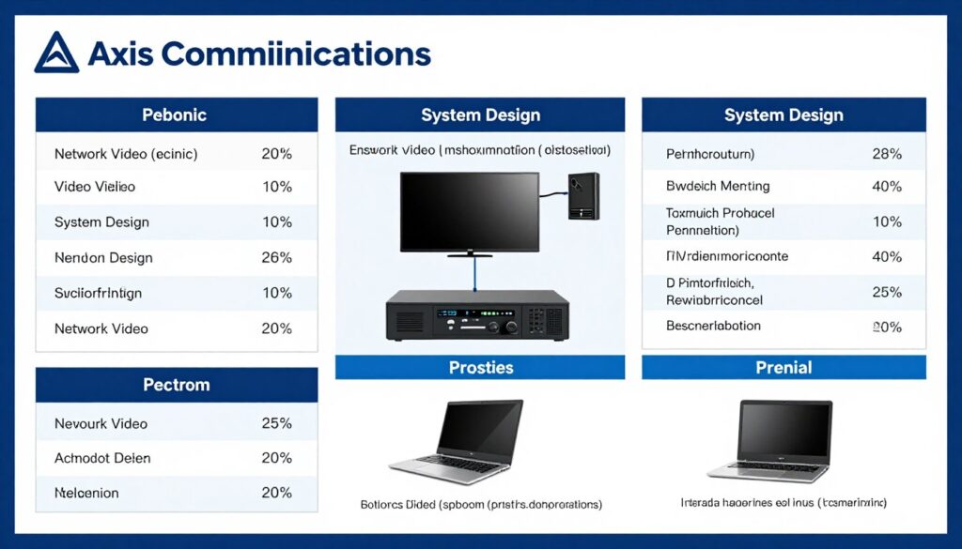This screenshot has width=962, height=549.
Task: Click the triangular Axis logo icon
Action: coord(56,53)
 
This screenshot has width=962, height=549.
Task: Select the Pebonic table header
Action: coord(174,115)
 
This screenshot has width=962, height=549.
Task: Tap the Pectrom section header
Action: coord(176,385)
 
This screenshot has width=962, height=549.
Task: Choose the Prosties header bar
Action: coord(480,367)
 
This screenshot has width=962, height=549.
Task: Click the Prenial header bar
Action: coord(784,367)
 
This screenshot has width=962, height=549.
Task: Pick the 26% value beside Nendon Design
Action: coord(276,258)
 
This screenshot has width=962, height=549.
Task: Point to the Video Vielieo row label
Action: coord(95,187)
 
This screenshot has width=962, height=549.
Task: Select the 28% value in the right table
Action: coord(886,154)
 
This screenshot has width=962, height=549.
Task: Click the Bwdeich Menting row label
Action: coord(718,186)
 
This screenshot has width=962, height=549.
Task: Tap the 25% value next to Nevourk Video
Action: coord(276,423)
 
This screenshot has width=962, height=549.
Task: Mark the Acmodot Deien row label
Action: coord(102,458)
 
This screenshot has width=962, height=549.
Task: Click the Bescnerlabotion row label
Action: coord(713,326)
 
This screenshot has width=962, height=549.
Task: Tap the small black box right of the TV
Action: coord(583,195)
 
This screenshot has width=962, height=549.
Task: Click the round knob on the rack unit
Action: coord(511,328)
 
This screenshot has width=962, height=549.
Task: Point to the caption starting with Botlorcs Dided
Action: coord(481,504)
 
